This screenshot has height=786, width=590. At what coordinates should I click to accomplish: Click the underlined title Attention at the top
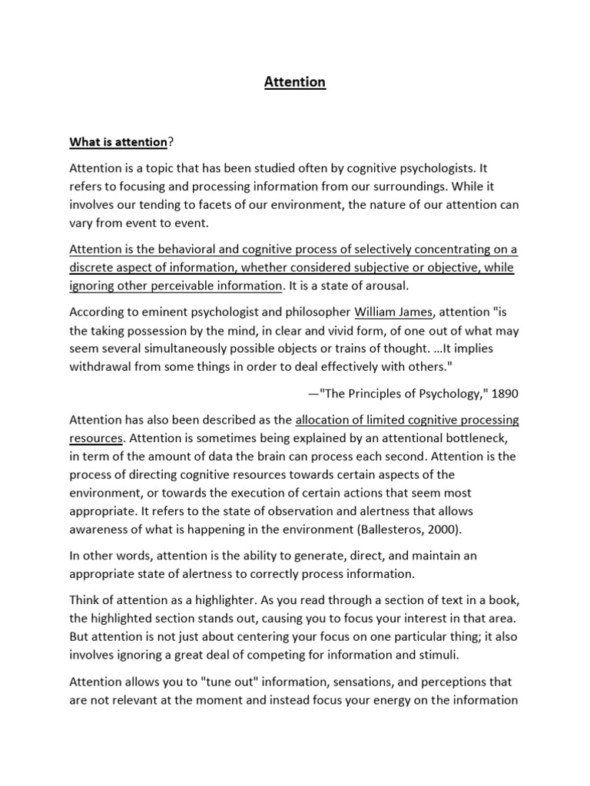[x=295, y=82]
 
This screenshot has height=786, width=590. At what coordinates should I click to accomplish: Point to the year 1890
[x=503, y=394]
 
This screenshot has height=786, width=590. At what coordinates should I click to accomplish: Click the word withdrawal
[x=102, y=366]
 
